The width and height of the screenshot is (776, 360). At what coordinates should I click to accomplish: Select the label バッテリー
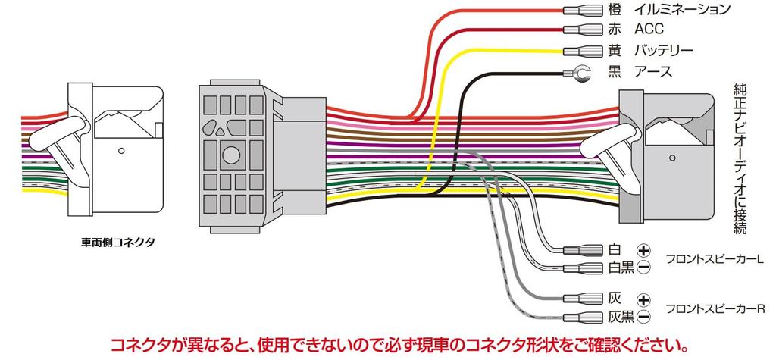coord(662,51)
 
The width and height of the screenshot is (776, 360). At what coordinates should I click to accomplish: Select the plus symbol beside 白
coord(643,250)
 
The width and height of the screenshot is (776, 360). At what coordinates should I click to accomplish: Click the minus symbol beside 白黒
coord(643,267)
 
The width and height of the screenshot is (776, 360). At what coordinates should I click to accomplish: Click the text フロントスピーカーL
coord(714,259)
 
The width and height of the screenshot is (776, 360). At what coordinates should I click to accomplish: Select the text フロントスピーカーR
coord(714,308)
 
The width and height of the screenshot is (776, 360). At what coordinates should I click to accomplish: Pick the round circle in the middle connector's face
coord(231,156)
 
